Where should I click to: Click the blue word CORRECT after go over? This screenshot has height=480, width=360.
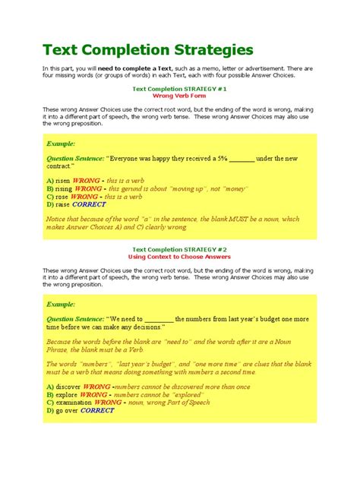[97, 411]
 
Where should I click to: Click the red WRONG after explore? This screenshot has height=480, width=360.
[93, 395]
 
